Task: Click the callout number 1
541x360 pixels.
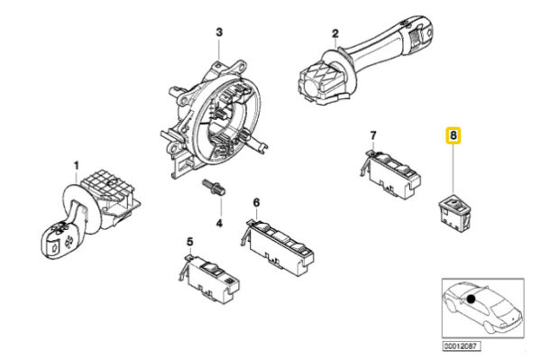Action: pyautogui.click(x=77, y=166)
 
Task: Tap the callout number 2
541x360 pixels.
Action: pyautogui.click(x=335, y=33)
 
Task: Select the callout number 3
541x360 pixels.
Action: pyautogui.click(x=219, y=32)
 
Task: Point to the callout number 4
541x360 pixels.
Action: pyautogui.click(x=219, y=224)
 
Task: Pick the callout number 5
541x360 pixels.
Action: pyautogui.click(x=190, y=243)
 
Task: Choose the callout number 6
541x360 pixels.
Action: pyautogui.click(x=256, y=202)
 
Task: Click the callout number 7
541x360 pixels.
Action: pyautogui.click(x=373, y=135)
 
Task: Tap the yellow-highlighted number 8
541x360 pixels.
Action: pyautogui.click(x=454, y=135)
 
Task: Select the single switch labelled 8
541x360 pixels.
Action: pyautogui.click(x=454, y=213)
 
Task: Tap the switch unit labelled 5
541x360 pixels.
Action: pyautogui.click(x=209, y=278)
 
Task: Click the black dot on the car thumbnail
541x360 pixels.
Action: pyautogui.click(x=471, y=299)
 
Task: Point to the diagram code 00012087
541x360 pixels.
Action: pyautogui.click(x=462, y=346)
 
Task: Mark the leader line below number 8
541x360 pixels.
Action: pyautogui.click(x=453, y=168)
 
